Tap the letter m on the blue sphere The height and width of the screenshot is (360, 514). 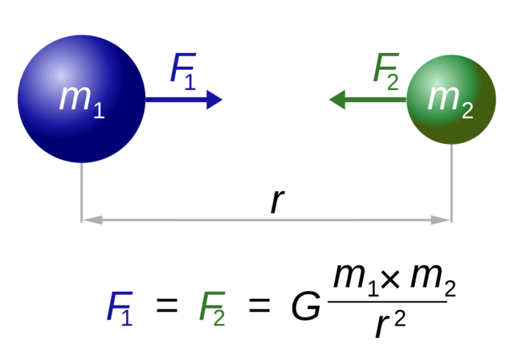[74, 97]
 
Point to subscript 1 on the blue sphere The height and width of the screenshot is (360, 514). [99, 111]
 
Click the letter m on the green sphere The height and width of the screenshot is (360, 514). [443, 96]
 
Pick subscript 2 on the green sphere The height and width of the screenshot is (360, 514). [467, 112]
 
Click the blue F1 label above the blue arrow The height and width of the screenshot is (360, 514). [182, 71]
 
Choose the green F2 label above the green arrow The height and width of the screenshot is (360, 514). [385, 71]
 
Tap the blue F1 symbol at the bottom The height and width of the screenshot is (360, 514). [119, 308]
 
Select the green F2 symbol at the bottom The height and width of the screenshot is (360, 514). [212, 308]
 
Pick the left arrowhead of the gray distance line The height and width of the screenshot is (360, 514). [93, 219]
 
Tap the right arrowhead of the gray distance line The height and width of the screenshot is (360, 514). [440, 219]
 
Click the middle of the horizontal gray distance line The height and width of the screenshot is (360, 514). [267, 219]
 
